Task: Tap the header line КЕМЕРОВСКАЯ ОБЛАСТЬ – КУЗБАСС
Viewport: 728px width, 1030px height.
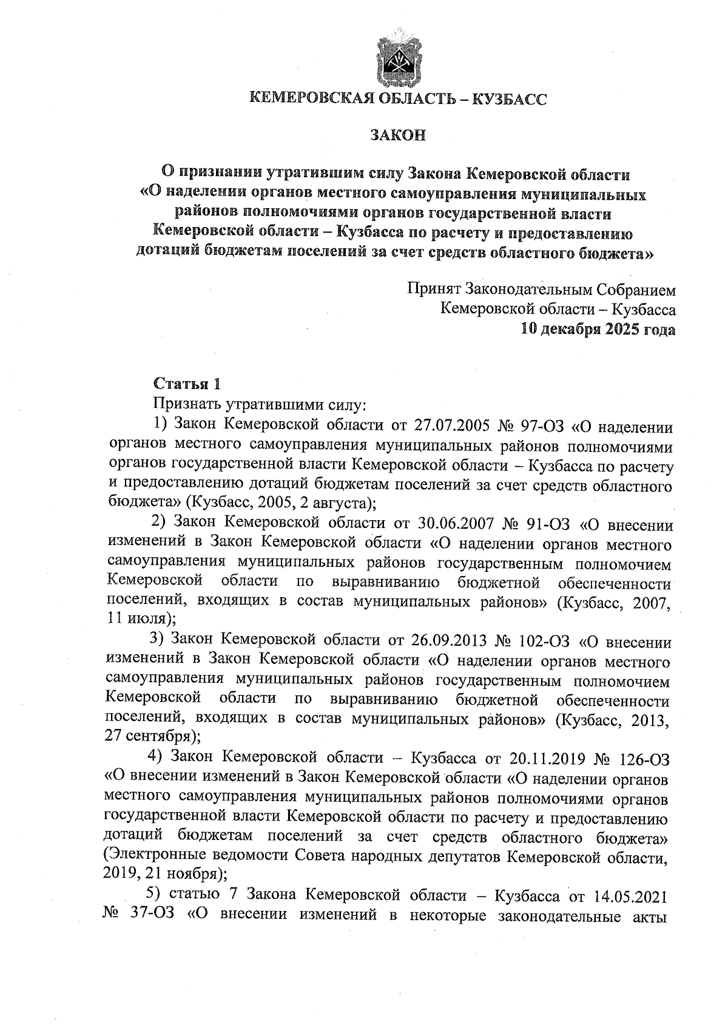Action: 398,99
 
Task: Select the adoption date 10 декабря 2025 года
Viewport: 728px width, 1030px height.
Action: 598,329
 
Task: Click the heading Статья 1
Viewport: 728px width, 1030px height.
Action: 187,384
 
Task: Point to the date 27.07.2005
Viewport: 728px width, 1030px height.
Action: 452,427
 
